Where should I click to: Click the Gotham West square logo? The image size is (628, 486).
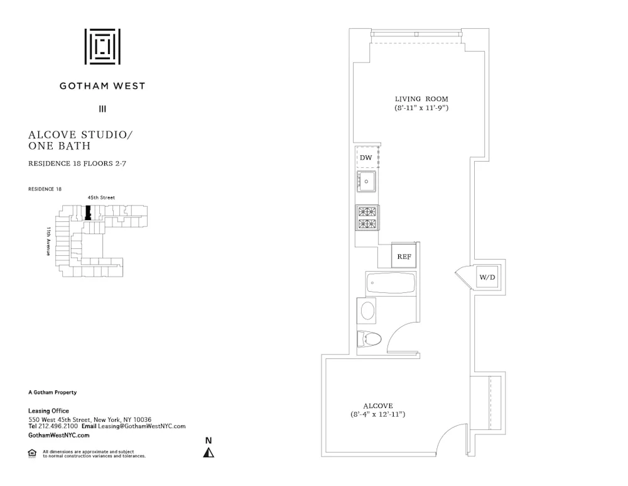tap(102, 46)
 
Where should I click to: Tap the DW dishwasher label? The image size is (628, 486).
tap(365, 158)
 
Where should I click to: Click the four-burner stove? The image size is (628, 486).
tap(367, 218)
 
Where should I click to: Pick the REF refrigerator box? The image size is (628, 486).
tap(403, 257)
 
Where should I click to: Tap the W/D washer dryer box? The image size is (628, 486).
tap(487, 277)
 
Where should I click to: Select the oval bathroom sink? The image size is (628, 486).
tap(367, 311)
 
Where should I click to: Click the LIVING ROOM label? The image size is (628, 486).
tap(421, 99)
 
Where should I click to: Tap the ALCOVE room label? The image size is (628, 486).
tap(378, 406)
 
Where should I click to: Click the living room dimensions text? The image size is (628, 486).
tap(421, 108)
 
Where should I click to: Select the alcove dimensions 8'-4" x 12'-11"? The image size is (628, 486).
tap(378, 415)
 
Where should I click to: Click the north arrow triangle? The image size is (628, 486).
tap(208, 453)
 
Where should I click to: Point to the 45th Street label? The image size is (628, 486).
tap(101, 198)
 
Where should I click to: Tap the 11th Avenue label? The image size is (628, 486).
tap(48, 241)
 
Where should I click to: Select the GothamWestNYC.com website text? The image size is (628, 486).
tap(59, 435)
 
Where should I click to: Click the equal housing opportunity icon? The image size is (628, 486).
tap(32, 453)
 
